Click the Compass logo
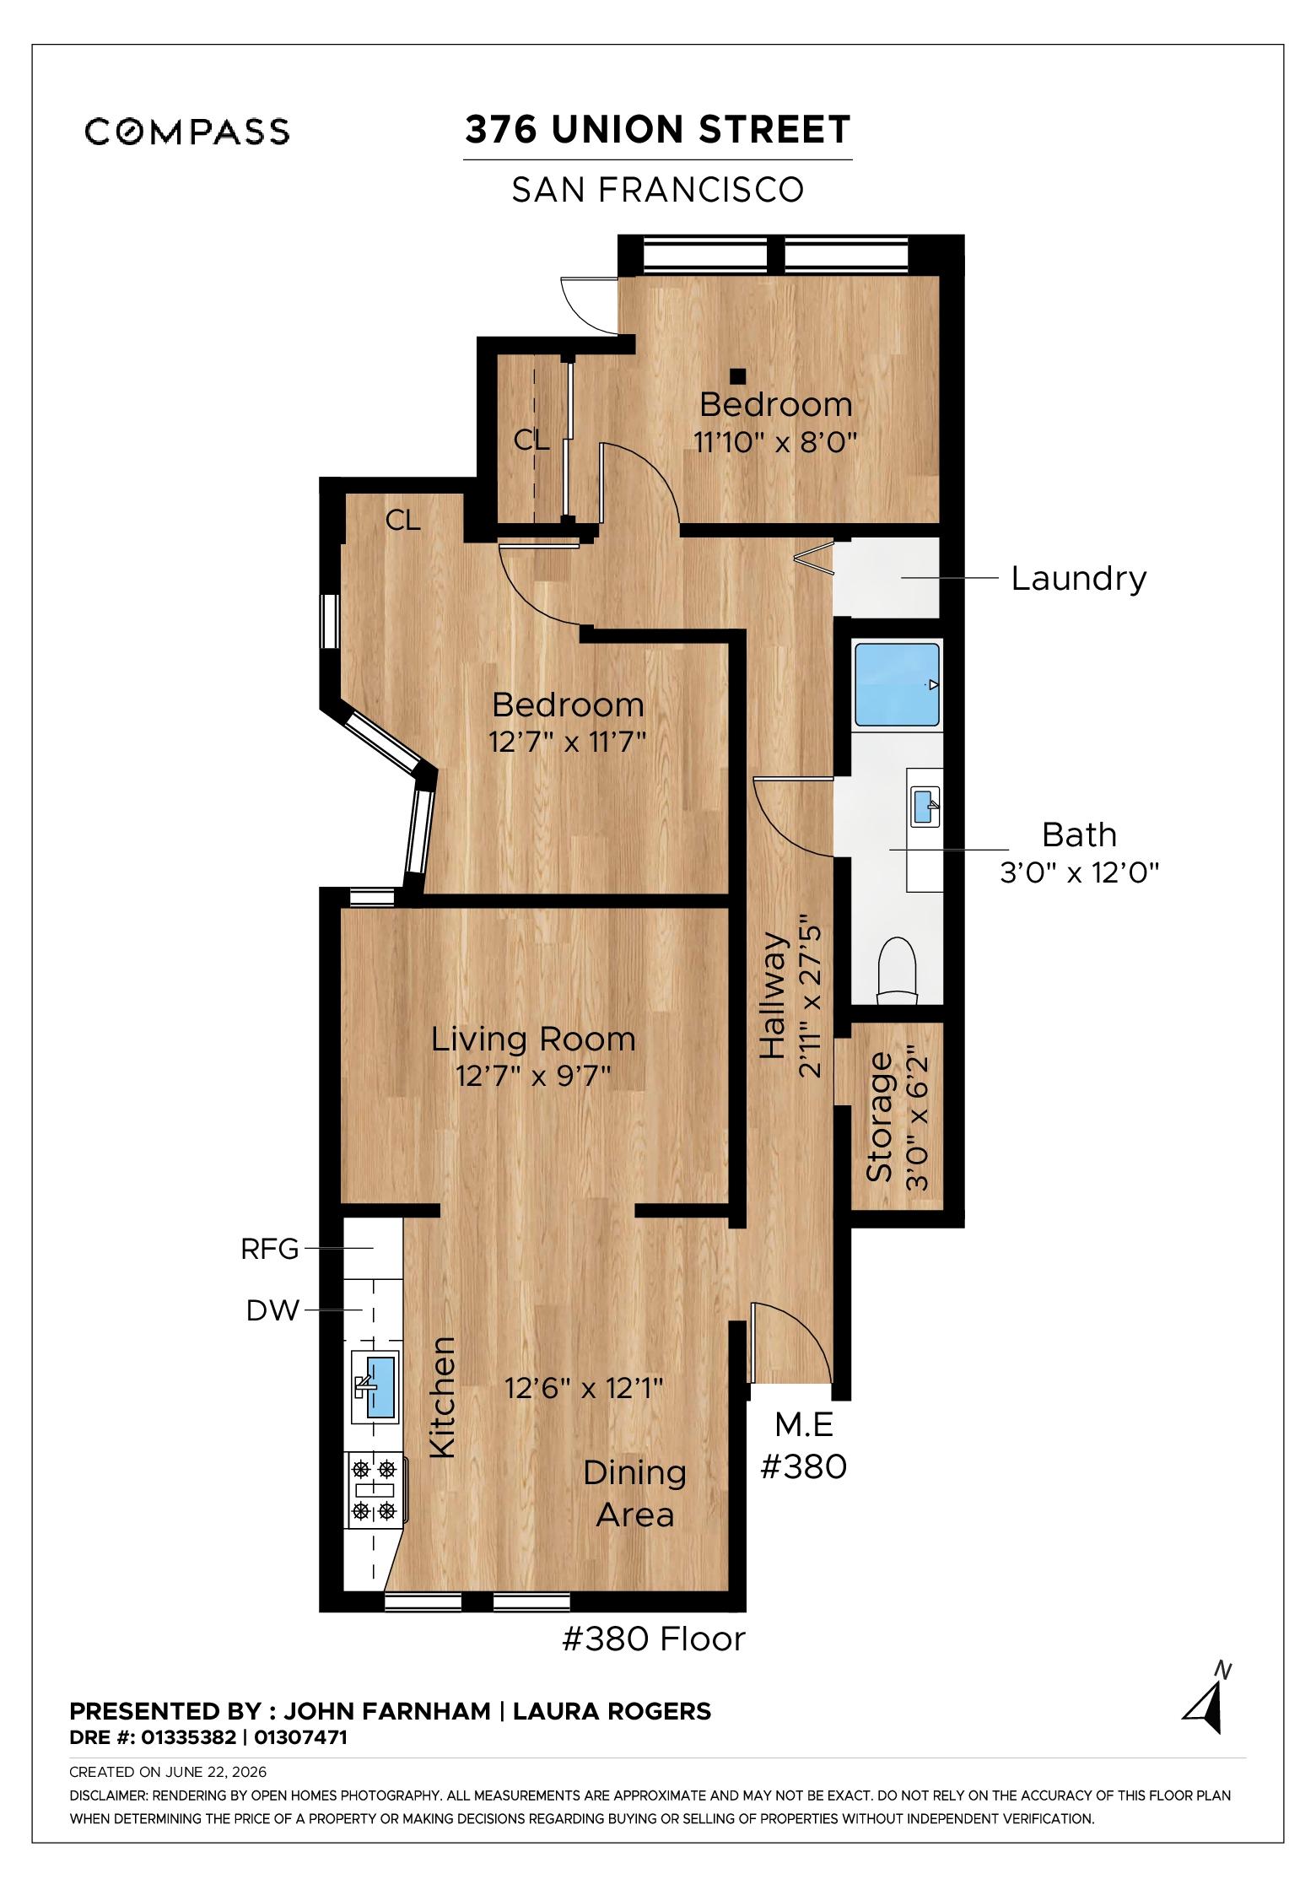[187, 131]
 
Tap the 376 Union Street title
[658, 130]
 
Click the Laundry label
[1079, 579]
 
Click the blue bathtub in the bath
[897, 684]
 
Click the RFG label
[270, 1249]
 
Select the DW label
[272, 1310]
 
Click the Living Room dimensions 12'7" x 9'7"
[533, 1077]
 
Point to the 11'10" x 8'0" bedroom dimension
[775, 441]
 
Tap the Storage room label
[879, 1116]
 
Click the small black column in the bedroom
[738, 375]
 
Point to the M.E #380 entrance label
[804, 1445]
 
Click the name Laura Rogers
[612, 1711]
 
